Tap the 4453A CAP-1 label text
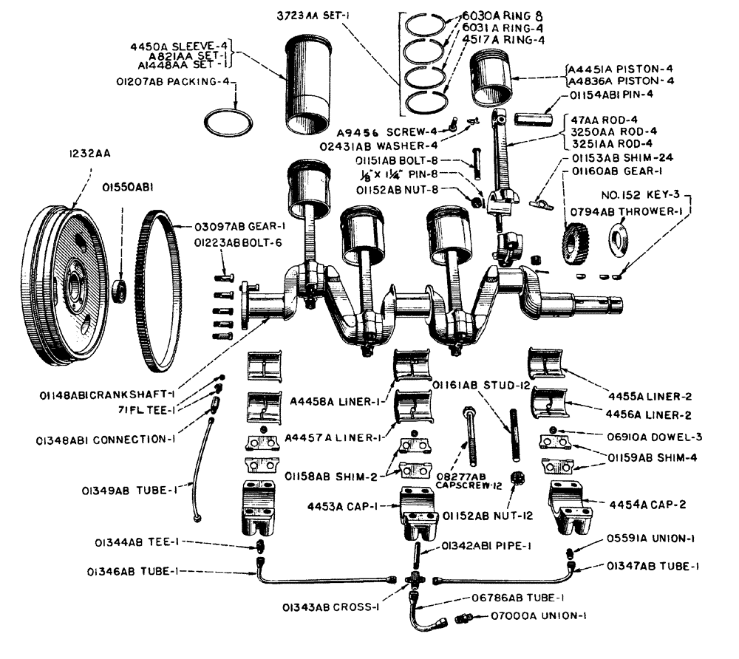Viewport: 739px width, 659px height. pyautogui.click(x=353, y=507)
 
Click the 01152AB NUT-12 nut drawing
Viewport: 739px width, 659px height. pyautogui.click(x=517, y=479)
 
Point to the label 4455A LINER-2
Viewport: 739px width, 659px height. pyautogui.click(x=656, y=396)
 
